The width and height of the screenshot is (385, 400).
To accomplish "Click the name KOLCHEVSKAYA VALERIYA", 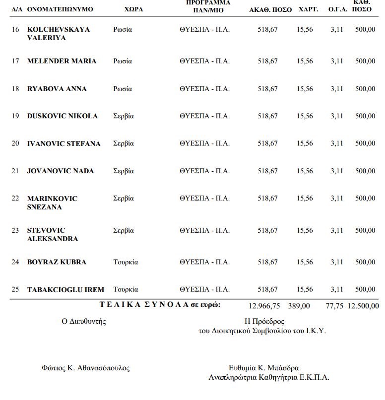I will click(58, 34).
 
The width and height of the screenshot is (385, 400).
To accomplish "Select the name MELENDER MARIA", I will click(62, 61).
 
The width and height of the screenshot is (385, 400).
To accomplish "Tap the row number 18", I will click(15, 89).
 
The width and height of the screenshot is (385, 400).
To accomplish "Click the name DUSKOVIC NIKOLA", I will click(62, 116).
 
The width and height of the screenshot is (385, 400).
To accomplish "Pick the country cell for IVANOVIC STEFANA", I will click(124, 144).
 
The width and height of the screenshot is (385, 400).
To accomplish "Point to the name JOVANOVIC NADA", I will click(60, 171).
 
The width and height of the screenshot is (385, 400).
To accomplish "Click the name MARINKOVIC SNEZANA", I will click(52, 203).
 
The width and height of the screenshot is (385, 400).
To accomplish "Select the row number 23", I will click(15, 231).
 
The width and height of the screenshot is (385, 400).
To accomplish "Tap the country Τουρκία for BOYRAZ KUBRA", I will click(126, 262).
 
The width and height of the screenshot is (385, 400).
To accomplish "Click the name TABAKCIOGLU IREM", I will click(65, 290).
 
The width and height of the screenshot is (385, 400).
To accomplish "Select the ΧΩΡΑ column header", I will click(133, 9).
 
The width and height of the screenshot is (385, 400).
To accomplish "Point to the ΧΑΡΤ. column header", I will click(309, 9).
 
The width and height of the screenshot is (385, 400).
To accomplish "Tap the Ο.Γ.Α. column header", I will click(337, 9).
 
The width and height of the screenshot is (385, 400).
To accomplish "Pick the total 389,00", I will click(299, 306).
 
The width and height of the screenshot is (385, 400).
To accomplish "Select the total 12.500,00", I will click(363, 306).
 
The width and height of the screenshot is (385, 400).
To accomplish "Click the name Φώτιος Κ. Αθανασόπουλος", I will click(85, 368).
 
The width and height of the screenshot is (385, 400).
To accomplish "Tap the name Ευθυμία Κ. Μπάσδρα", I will click(263, 368).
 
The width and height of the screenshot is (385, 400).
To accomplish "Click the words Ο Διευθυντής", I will click(83, 321).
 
